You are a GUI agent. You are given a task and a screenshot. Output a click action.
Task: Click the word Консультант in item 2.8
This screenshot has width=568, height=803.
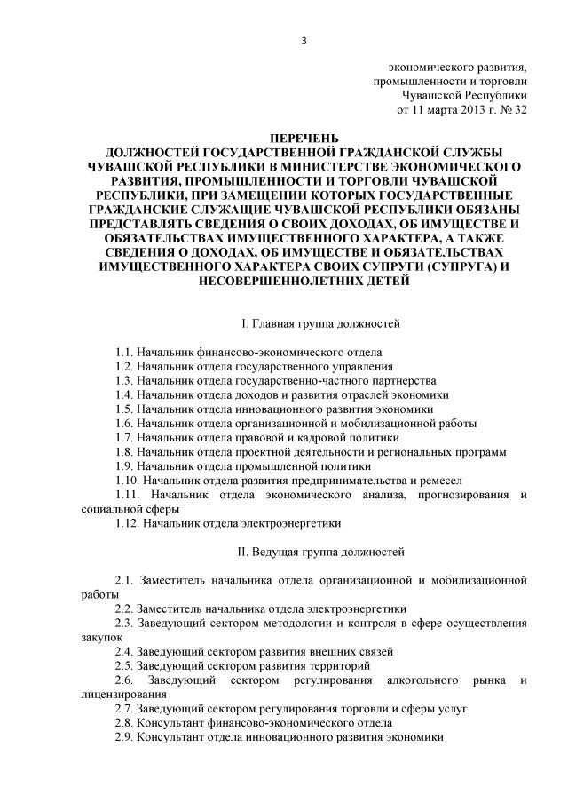click(x=174, y=722)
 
